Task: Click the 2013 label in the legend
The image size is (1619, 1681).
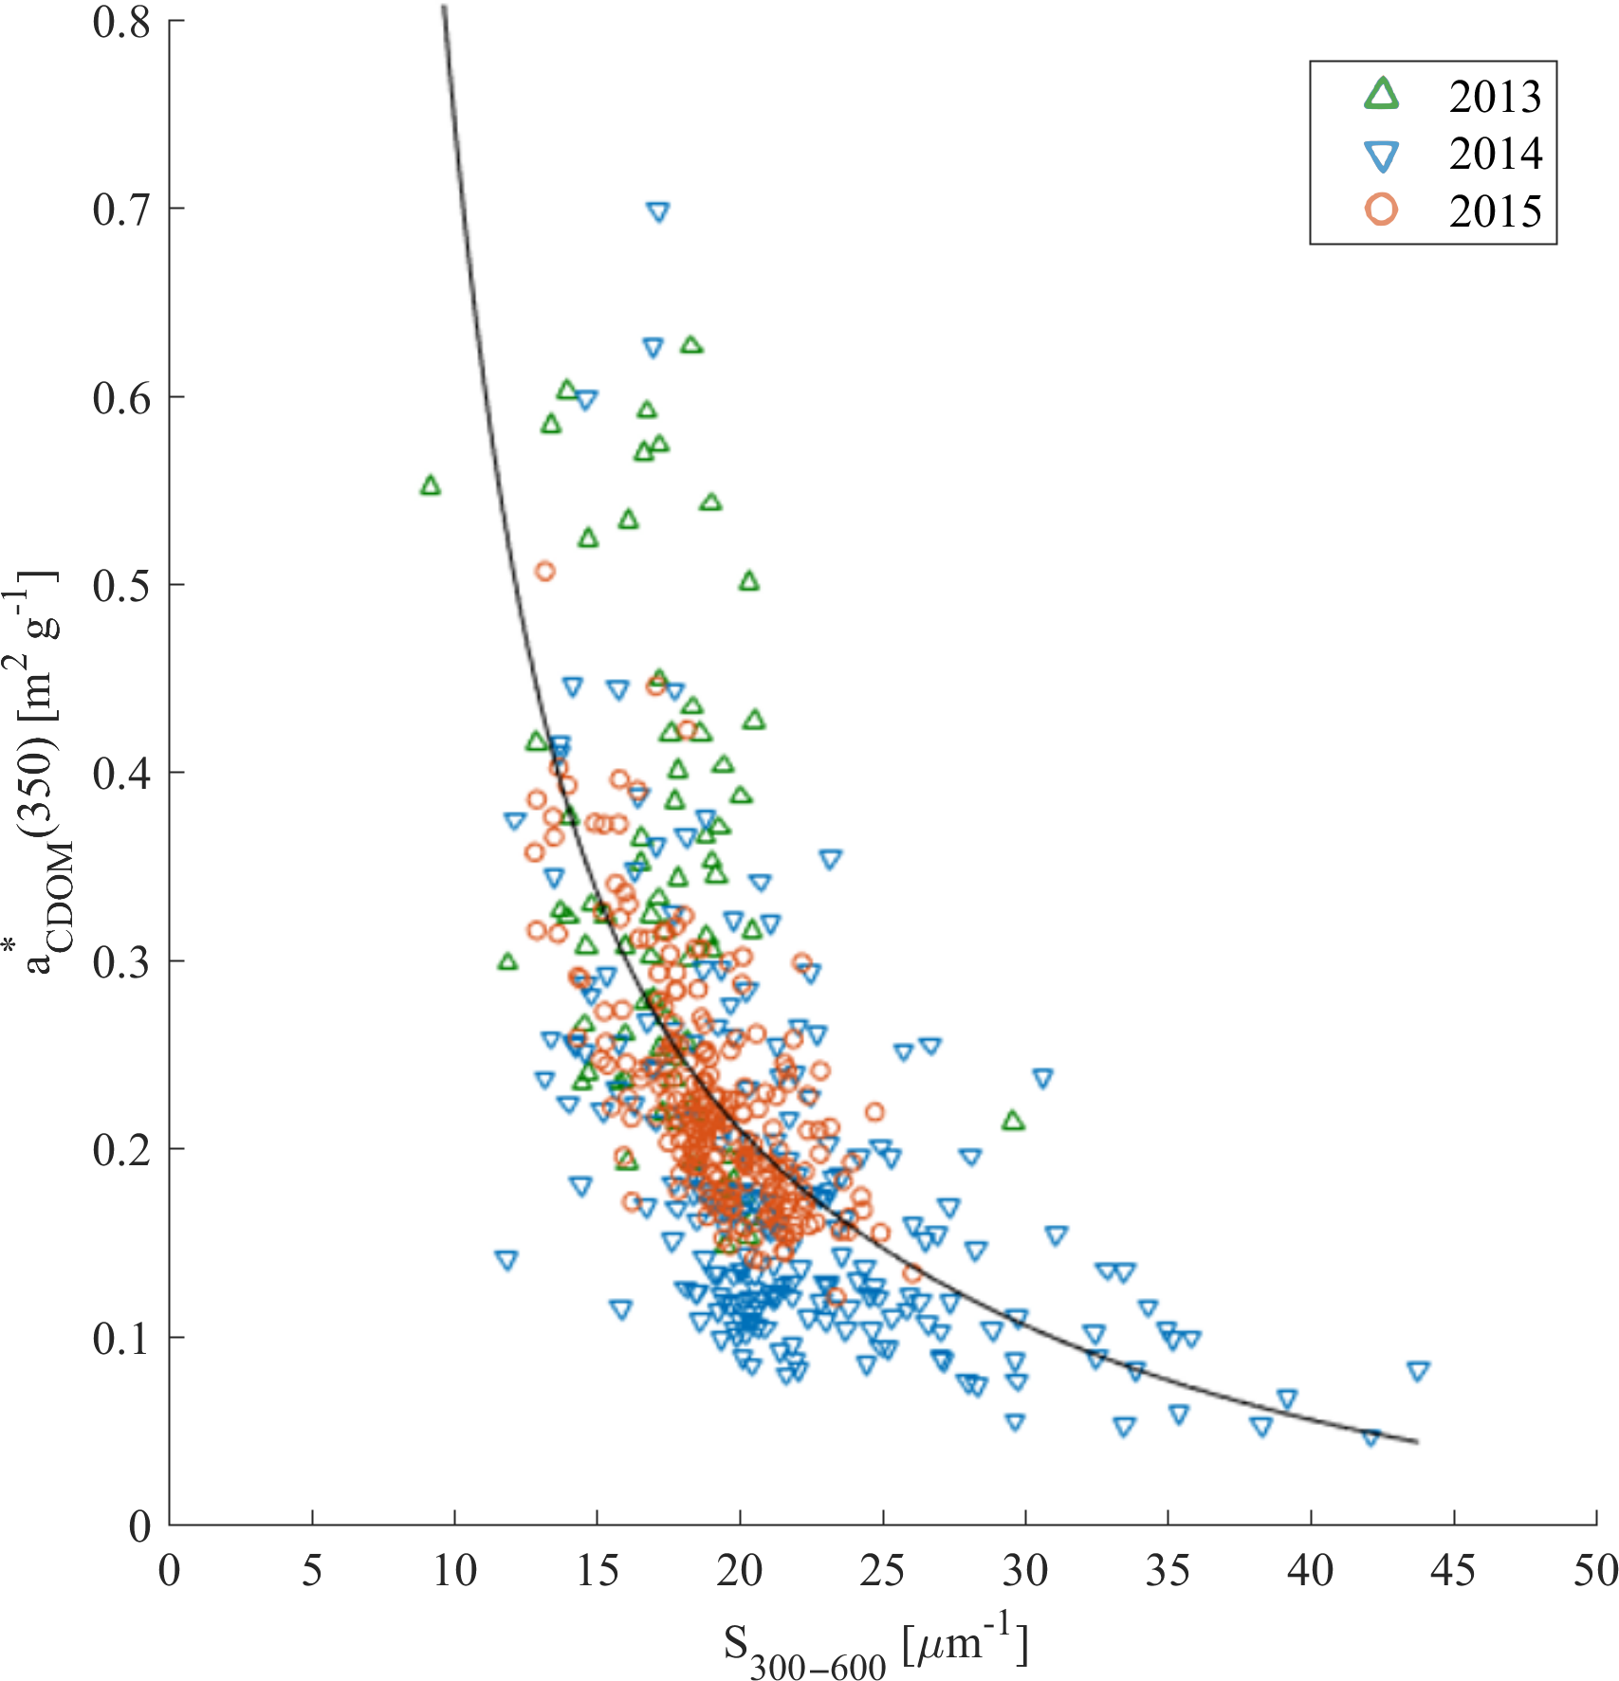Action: (x=1495, y=96)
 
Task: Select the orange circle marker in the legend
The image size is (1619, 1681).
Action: (x=1382, y=210)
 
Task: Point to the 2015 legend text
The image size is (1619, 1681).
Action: (x=1495, y=210)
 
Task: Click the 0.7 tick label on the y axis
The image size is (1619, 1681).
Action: (x=121, y=209)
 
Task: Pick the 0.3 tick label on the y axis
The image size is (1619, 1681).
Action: (x=121, y=961)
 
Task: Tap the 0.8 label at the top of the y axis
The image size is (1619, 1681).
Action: (x=121, y=21)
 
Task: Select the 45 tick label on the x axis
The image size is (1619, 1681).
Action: (x=1453, y=1571)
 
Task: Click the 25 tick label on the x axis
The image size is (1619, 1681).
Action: (x=882, y=1571)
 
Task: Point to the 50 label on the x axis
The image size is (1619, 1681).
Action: (x=1594, y=1571)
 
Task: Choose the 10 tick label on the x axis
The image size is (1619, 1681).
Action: (x=454, y=1571)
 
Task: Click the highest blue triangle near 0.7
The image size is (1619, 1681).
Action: (x=658, y=211)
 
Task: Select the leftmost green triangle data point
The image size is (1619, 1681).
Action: (x=431, y=485)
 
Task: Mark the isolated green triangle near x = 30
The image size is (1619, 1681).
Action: (x=1013, y=1121)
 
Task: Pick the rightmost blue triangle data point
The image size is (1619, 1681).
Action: (x=1418, y=1370)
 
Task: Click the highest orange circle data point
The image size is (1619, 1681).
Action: (x=544, y=571)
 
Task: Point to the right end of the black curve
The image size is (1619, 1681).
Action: (x=1417, y=1442)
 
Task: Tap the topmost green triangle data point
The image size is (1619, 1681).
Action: (x=691, y=344)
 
